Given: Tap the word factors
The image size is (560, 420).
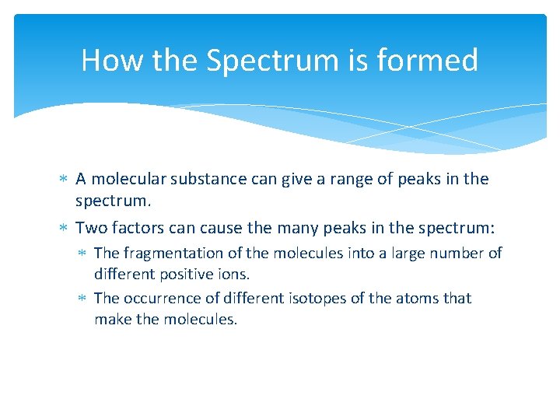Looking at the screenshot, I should [x=131, y=228].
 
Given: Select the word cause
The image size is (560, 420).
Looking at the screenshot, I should [x=215, y=228].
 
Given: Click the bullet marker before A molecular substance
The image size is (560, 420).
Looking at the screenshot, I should [x=64, y=180].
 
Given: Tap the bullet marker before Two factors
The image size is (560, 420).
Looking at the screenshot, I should [x=64, y=229].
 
